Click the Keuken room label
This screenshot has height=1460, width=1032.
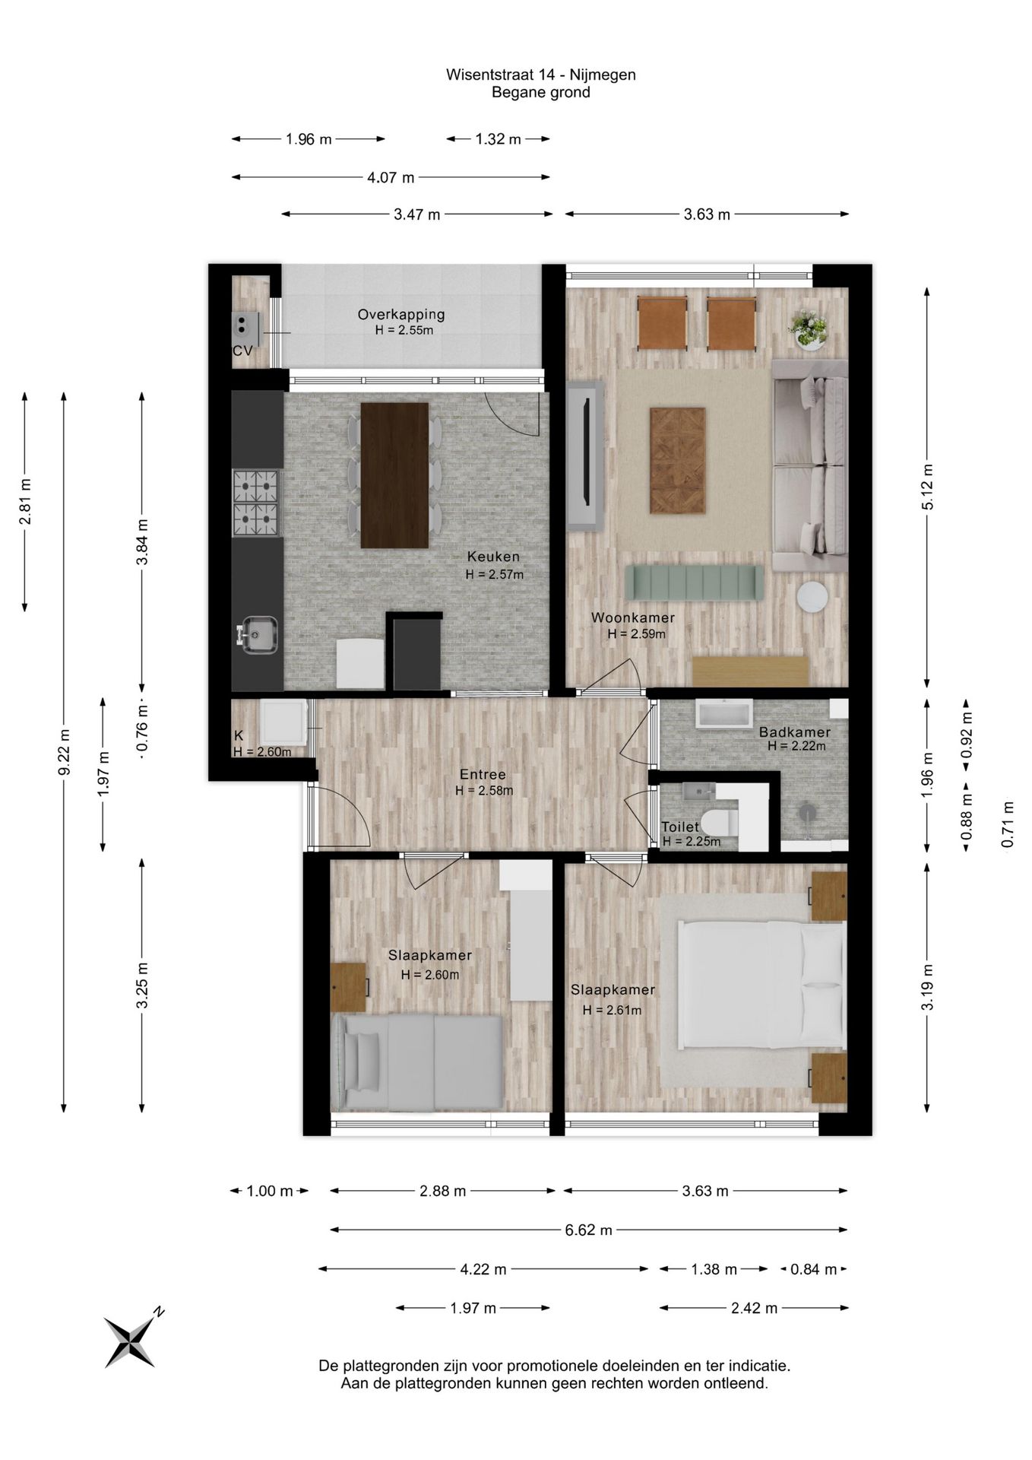click(x=493, y=557)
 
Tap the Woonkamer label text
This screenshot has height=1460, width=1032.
click(x=633, y=617)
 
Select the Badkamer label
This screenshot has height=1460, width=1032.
click(x=795, y=732)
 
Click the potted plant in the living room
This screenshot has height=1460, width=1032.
click(x=809, y=329)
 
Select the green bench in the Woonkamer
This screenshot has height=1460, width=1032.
click(x=694, y=582)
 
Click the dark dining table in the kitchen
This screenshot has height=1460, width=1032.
click(x=394, y=475)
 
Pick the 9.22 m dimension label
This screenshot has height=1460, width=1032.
click(x=65, y=752)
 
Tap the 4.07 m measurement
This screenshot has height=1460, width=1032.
click(x=391, y=178)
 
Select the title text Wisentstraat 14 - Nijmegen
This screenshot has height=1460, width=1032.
click(x=541, y=75)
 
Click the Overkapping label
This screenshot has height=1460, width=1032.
click(x=401, y=314)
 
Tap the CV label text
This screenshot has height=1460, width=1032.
click(x=242, y=351)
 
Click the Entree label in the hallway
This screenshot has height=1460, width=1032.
click(x=483, y=775)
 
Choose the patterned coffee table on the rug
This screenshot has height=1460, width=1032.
click(x=678, y=460)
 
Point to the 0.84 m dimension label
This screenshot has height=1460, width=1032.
click(x=813, y=1269)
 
